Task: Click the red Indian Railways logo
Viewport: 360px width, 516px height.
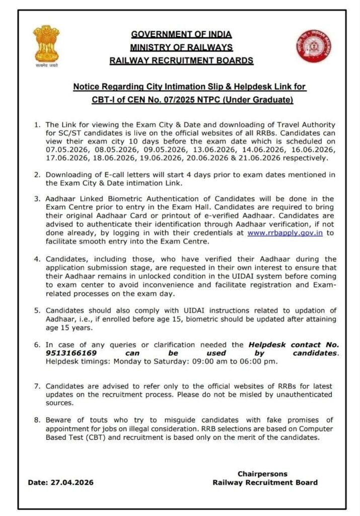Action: point(313,46)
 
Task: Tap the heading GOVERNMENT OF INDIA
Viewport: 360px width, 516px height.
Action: point(181,34)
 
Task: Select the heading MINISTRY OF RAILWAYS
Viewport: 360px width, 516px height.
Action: point(181,47)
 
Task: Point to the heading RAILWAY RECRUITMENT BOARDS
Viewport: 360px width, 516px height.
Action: point(181,60)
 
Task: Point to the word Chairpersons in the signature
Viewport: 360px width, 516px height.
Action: point(262,474)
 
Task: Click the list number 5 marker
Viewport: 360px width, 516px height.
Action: point(36,310)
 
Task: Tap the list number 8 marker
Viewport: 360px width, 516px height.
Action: point(36,420)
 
